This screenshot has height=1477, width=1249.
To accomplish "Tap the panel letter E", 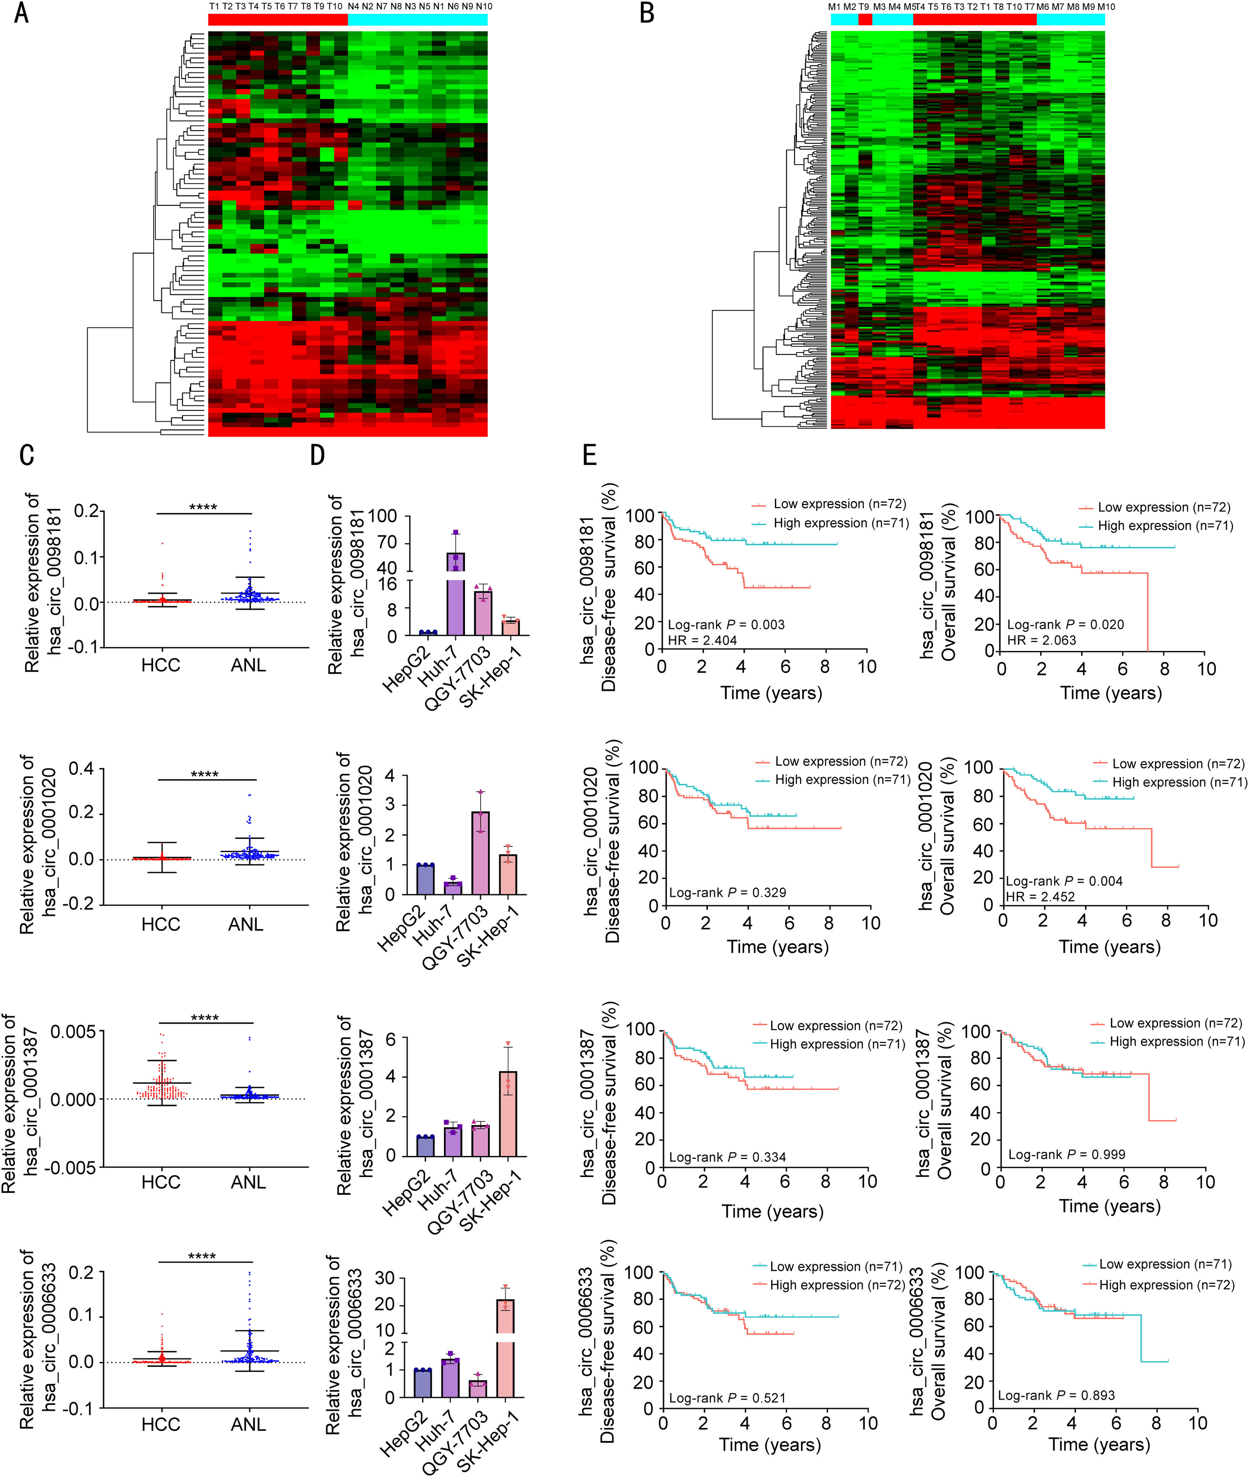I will point(589,455).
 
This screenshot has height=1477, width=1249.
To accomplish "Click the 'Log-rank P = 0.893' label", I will point(1056,1395).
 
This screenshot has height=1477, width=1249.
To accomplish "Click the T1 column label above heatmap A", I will point(214,6).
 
